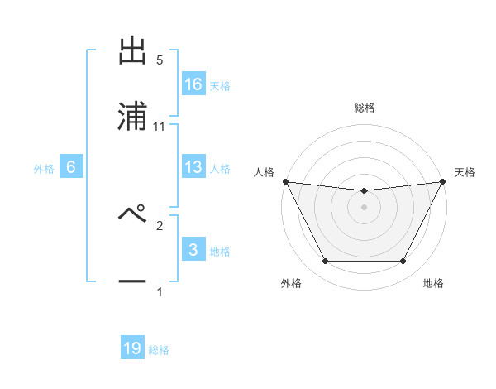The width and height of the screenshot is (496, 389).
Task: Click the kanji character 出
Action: pyautogui.click(x=132, y=50)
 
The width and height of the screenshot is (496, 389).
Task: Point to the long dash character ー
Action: pyautogui.click(x=132, y=281)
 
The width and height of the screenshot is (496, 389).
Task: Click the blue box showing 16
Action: pyautogui.click(x=193, y=84)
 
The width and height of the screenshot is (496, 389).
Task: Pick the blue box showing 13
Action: pyautogui.click(x=193, y=167)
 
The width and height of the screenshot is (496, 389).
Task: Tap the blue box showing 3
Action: pyautogui.click(x=193, y=250)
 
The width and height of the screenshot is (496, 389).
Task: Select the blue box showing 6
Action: pyautogui.click(x=71, y=167)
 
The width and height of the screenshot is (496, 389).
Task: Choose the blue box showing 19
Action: pyautogui.click(x=132, y=348)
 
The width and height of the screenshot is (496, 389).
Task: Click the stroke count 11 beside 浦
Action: pyautogui.click(x=160, y=127)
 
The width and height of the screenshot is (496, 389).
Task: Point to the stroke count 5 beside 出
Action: pyautogui.click(x=160, y=60)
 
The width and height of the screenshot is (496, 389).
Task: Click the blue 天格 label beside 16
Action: pyautogui.click(x=220, y=85)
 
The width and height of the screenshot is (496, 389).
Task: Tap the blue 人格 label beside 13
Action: pyautogui.click(x=220, y=168)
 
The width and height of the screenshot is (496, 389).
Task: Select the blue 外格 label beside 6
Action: pyautogui.click(x=44, y=168)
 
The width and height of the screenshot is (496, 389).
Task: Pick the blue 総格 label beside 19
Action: pyautogui.click(x=159, y=349)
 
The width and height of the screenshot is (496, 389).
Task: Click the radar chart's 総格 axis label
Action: pyautogui.click(x=365, y=108)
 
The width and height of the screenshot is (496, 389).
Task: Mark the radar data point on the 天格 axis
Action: pyautogui.click(x=444, y=181)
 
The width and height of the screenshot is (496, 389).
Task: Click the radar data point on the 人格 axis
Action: pyautogui.click(x=285, y=181)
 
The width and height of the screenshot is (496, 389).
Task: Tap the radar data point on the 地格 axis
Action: pyautogui.click(x=403, y=262)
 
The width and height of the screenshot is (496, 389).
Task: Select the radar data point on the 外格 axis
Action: pyautogui.click(x=325, y=262)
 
